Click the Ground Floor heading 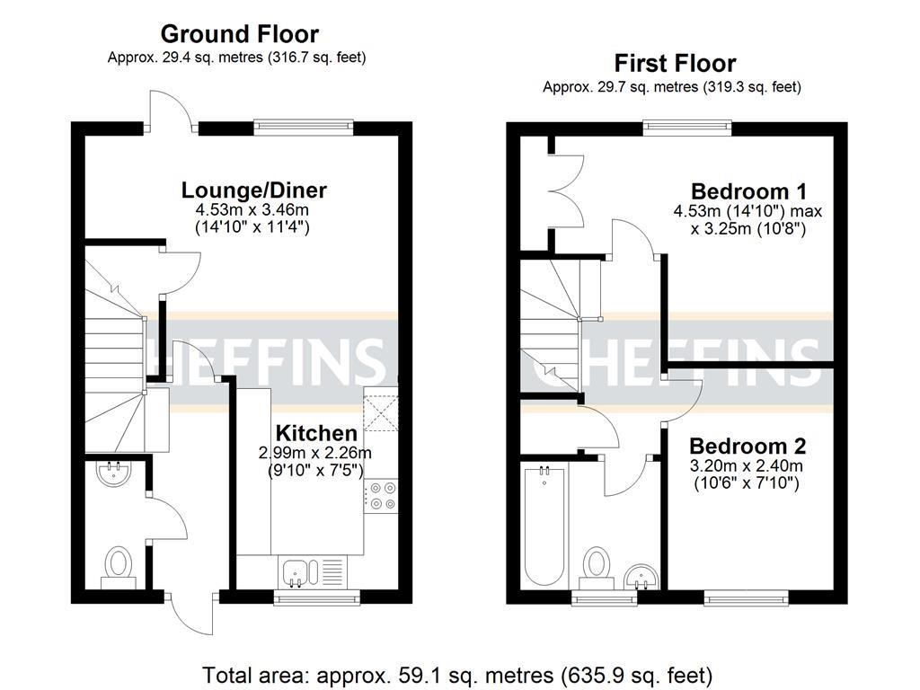click(239, 35)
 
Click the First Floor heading click(675, 64)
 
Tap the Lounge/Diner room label click(253, 190)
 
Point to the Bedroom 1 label click(748, 191)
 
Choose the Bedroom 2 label click(747, 447)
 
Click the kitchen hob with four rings click(382, 495)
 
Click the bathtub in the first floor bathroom click(543, 523)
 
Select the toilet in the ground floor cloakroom click(118, 568)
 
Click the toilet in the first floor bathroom click(596, 569)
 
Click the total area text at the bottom click(458, 674)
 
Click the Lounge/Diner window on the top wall click(303, 127)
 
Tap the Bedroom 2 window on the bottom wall click(746, 597)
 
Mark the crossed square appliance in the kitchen click(380, 414)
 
